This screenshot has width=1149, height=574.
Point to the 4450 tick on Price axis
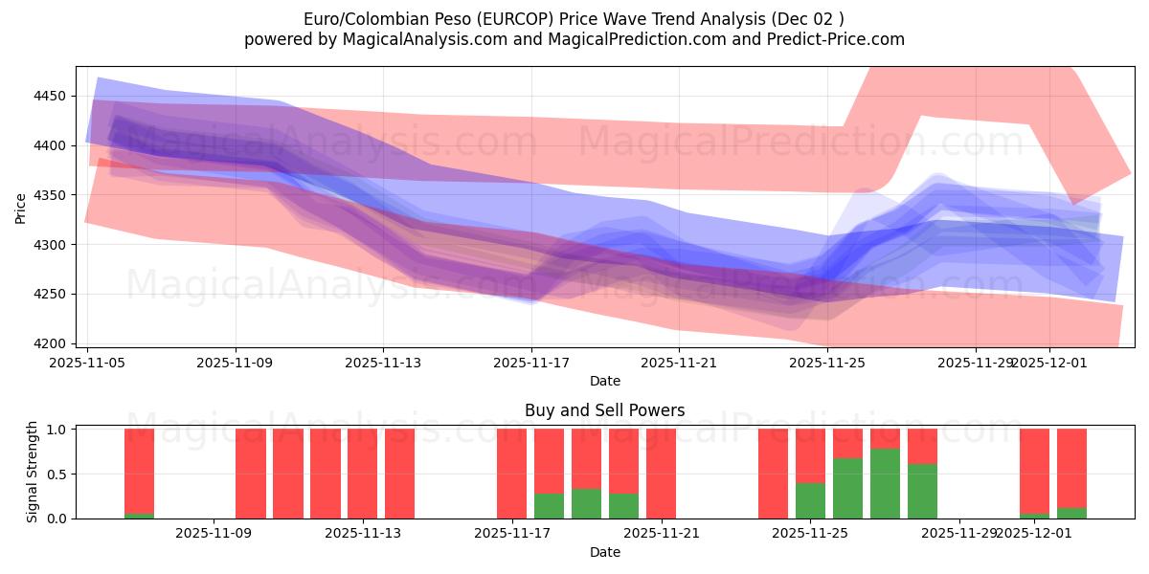[x=49, y=96]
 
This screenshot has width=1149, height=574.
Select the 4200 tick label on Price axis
[x=49, y=343]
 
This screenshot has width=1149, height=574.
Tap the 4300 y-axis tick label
[x=49, y=245]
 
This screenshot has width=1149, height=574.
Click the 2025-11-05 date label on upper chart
[x=88, y=363]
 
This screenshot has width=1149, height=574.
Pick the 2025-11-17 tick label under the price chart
[x=532, y=363]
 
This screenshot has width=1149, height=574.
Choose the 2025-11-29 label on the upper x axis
[x=975, y=363]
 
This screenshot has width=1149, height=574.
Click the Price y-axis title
[x=21, y=207]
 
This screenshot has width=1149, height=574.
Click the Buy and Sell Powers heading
[x=604, y=411]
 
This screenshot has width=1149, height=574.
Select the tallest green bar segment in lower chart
[x=885, y=483]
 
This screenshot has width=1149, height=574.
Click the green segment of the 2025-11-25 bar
[x=810, y=500]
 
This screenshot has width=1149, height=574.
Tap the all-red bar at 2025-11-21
[x=661, y=474]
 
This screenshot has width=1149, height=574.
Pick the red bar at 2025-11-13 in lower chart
[x=362, y=474]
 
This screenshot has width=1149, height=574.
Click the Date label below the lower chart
[x=604, y=552]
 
